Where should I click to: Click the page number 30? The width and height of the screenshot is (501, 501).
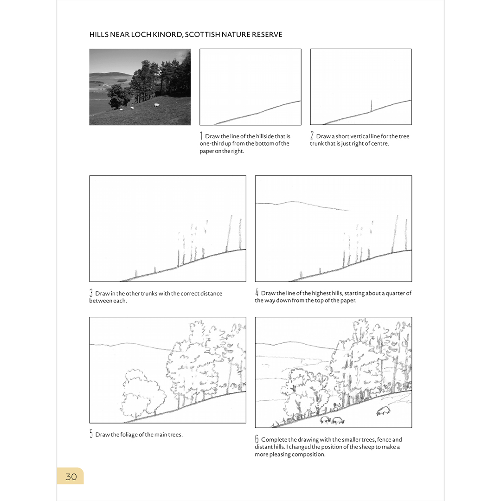71,476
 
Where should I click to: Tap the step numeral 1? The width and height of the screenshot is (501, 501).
201,136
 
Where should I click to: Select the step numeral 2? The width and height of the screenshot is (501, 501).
312,136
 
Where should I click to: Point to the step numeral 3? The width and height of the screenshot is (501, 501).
91,293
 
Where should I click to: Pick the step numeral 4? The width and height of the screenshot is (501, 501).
257,293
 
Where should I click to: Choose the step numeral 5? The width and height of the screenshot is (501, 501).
91,434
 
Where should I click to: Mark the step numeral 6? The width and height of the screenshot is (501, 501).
257,439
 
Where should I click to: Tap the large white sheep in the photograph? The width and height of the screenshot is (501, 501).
156,105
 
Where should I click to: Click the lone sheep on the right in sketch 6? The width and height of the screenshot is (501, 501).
383,411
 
